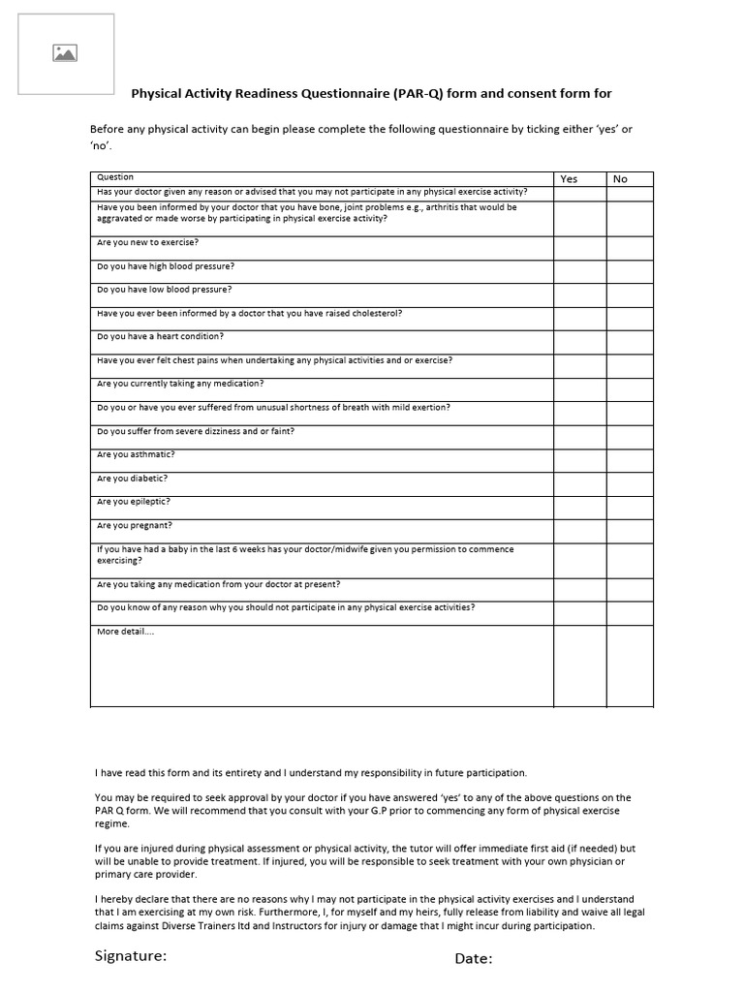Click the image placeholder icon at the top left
pyautogui.click(x=65, y=53)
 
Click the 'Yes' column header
pyautogui.click(x=570, y=178)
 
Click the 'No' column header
pyautogui.click(x=620, y=178)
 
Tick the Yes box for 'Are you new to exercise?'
pyautogui.click(x=579, y=247)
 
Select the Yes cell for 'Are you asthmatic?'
pyautogui.click(x=579, y=460)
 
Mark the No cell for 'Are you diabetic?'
pyautogui.click(x=630, y=483)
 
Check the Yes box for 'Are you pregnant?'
pyautogui.click(x=579, y=531)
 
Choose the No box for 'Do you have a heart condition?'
pyautogui.click(x=630, y=342)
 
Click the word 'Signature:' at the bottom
pyautogui.click(x=131, y=956)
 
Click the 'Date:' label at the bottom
pyautogui.click(x=474, y=959)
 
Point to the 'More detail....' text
pyautogui.click(x=125, y=632)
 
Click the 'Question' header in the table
pyautogui.click(x=115, y=177)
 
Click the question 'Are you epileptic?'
pyautogui.click(x=134, y=501)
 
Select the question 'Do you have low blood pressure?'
pyautogui.click(x=165, y=289)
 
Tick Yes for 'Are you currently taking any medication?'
pyautogui.click(x=579, y=388)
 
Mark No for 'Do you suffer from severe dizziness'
pyautogui.click(x=630, y=436)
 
